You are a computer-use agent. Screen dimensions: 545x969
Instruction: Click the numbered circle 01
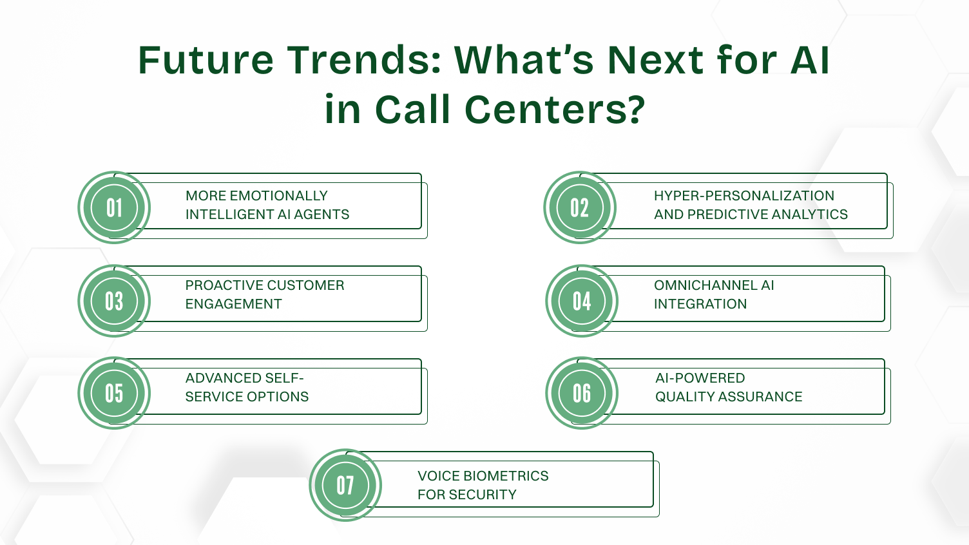114,207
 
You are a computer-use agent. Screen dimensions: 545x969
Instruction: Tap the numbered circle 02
580,207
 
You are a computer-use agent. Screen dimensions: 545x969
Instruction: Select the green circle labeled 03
114,301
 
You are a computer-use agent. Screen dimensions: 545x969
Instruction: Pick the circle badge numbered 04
582,301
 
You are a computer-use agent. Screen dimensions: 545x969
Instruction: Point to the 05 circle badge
114,393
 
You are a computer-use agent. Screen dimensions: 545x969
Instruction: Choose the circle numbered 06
582,393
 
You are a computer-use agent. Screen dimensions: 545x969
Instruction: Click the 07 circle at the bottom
345,485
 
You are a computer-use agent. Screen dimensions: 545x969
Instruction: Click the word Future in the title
206,61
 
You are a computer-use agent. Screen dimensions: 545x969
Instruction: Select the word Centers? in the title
555,110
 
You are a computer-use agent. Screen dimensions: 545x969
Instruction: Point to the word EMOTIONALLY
278,196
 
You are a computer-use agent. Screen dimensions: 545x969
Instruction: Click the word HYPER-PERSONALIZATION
744,196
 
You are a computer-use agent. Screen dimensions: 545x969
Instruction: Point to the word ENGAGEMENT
233,304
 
